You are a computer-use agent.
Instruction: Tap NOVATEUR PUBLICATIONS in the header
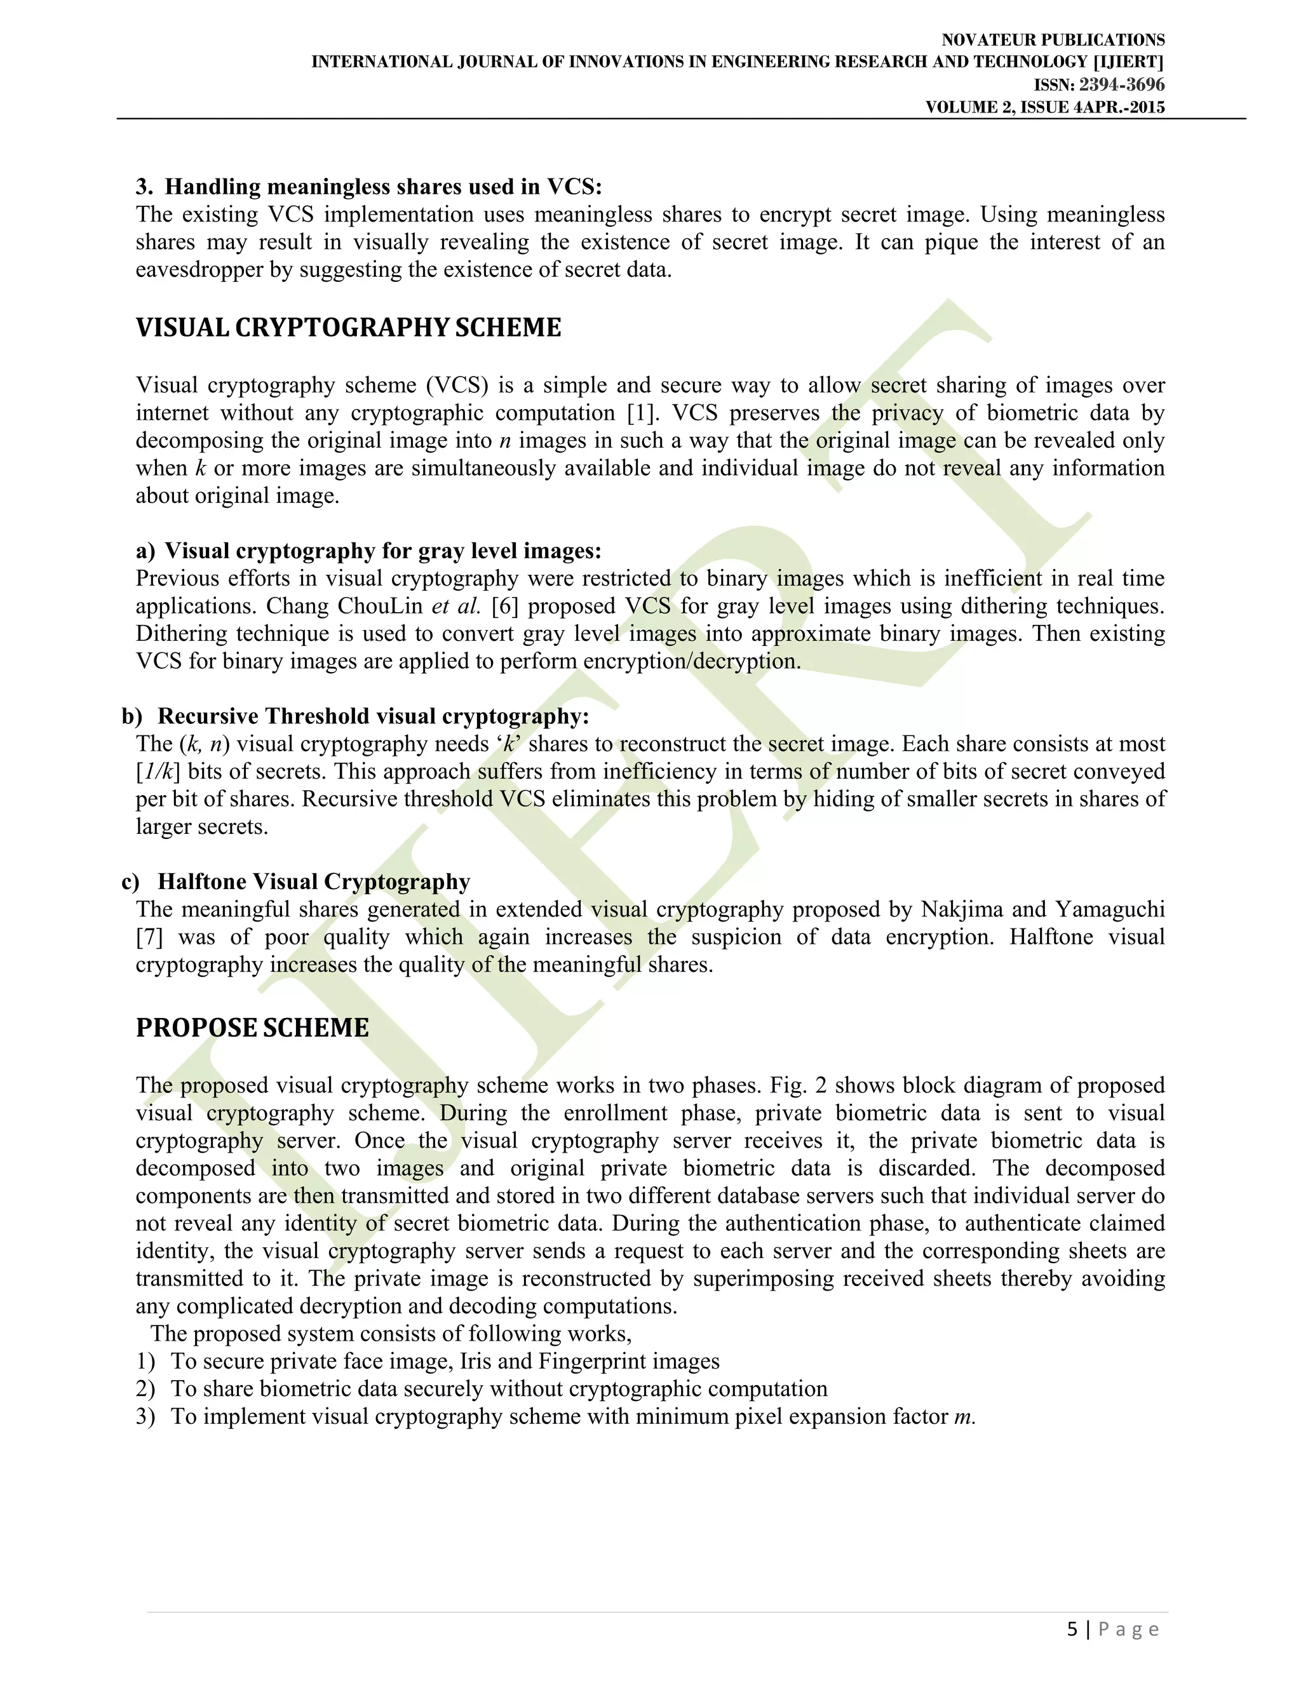tap(1053, 40)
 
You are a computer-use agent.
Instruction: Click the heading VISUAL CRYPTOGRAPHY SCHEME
tap(348, 328)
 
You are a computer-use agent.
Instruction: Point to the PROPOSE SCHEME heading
tap(252, 1028)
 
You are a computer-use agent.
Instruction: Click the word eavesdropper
tap(199, 270)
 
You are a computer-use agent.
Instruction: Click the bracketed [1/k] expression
tap(158, 772)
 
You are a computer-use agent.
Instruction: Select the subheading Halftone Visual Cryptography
tap(314, 882)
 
